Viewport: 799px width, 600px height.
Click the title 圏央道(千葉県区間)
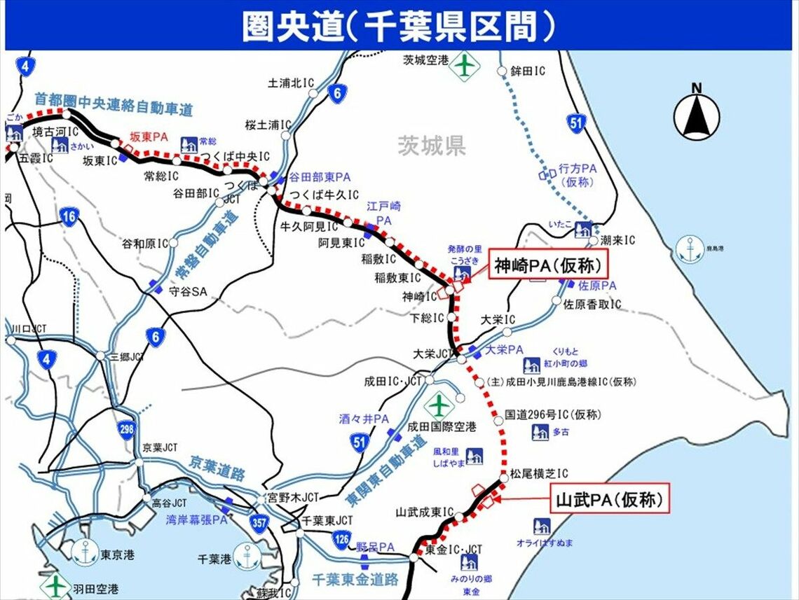[399, 26]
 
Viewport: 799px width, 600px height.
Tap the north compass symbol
[696, 116]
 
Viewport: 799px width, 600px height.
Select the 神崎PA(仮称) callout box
[547, 266]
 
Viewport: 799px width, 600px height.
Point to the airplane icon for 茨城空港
[464, 66]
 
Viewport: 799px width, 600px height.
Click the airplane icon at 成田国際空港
[439, 405]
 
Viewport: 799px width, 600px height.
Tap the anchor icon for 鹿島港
[690, 249]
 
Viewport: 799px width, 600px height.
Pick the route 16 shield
[69, 216]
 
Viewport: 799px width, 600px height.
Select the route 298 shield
[126, 428]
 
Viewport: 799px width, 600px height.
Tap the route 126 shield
[341, 539]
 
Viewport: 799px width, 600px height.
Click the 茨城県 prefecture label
[432, 146]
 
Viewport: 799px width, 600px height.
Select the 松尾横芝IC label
[538, 473]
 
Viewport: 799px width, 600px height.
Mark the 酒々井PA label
[364, 419]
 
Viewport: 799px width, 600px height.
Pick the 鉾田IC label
[527, 71]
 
